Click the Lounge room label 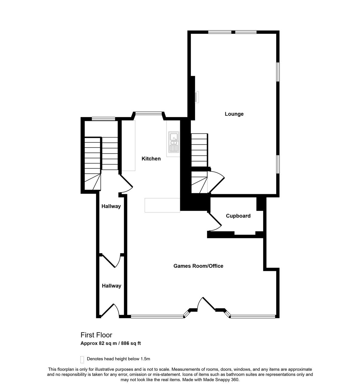[x=234, y=114]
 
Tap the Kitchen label [x=151, y=159]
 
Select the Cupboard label [x=238, y=216]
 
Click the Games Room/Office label [x=198, y=266]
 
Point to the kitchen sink [x=174, y=142]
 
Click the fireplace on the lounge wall [x=197, y=97]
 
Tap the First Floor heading [x=96, y=335]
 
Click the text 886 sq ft [x=131, y=343]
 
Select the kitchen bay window [x=149, y=113]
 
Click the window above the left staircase [x=103, y=119]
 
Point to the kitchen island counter [x=162, y=205]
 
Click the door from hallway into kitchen [x=126, y=184]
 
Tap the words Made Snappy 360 [x=221, y=380]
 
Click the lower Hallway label [x=111, y=286]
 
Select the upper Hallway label [x=111, y=206]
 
